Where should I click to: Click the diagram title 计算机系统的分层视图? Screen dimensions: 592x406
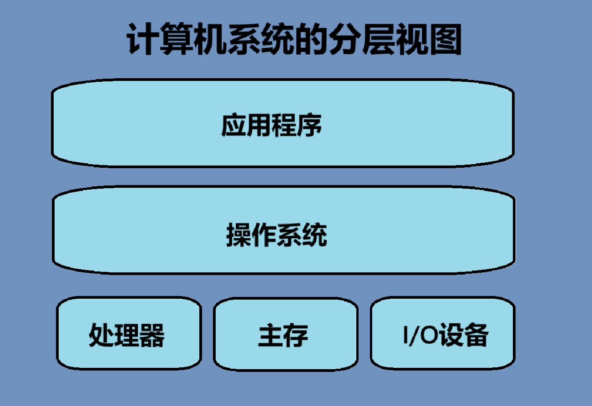click(294, 40)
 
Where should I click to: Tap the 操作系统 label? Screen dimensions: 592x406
click(277, 236)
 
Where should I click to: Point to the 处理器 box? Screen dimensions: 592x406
click(129, 334)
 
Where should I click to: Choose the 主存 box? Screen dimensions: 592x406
click(286, 334)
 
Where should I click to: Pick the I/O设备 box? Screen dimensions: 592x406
click(443, 334)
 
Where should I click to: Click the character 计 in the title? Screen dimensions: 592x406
click(142, 40)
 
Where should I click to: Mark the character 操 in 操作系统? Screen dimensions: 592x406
click(239, 236)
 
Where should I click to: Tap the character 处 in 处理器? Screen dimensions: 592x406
click(101, 335)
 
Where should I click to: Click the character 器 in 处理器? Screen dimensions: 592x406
click(152, 335)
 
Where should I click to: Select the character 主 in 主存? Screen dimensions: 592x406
click(271, 335)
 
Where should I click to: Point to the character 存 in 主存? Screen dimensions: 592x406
click(296, 335)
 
